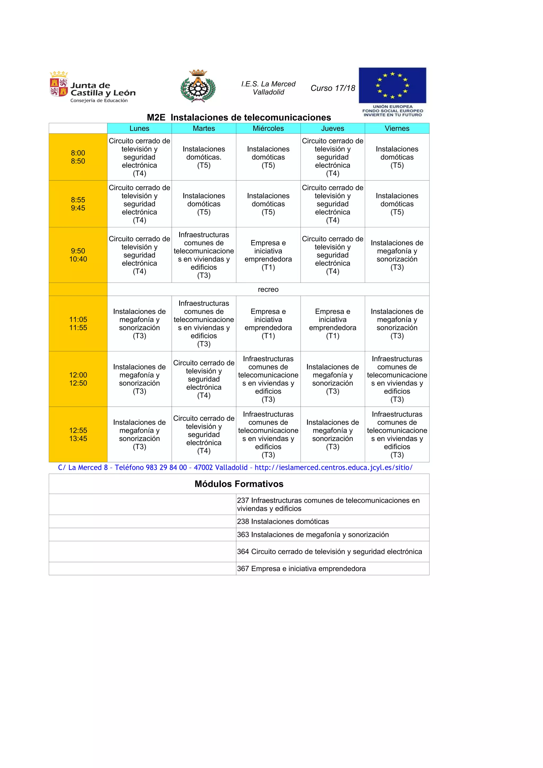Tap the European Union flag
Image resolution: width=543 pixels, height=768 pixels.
click(392, 85)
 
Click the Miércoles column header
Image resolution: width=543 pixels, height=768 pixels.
click(268, 129)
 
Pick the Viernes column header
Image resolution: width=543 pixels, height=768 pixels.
click(397, 129)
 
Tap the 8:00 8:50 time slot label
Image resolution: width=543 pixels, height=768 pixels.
click(78, 157)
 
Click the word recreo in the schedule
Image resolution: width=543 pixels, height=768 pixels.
click(268, 289)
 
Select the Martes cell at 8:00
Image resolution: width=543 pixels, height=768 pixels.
click(204, 157)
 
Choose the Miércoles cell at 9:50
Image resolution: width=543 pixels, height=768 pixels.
click(268, 255)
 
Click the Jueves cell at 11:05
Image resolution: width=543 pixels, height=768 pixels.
click(332, 324)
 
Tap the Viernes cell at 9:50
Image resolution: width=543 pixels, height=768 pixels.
click(397, 255)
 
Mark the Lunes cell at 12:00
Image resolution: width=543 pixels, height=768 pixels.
click(139, 379)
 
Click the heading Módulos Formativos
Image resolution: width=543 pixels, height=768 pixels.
click(239, 484)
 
